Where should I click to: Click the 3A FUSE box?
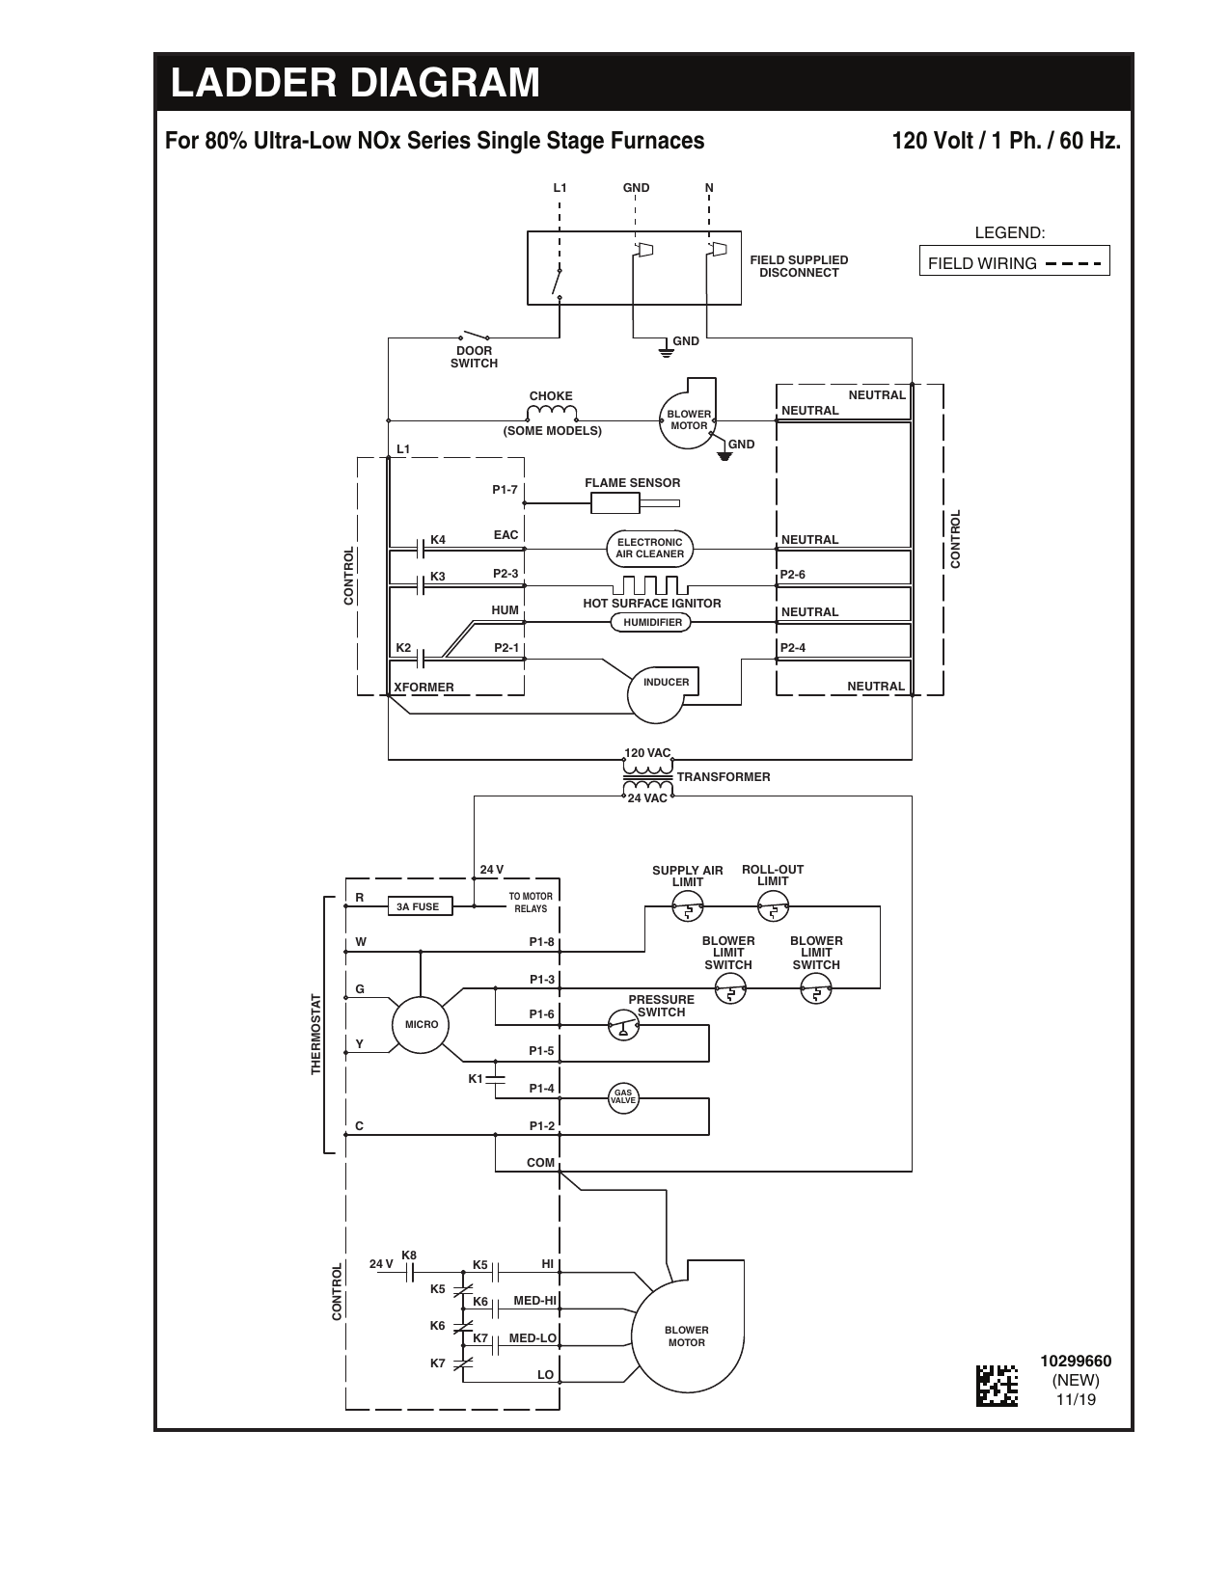[420, 906]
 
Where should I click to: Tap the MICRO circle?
[421, 1024]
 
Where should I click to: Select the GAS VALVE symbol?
[623, 1098]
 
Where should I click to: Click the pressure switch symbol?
[623, 1025]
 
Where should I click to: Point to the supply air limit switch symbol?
[688, 909]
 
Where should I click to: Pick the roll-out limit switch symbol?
[773, 908]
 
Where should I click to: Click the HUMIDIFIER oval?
[651, 622]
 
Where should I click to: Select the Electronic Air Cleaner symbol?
[649, 548]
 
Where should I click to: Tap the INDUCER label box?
[666, 682]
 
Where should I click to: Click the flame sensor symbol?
[635, 503]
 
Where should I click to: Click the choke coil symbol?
[551, 414]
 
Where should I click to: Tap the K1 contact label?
[476, 1078]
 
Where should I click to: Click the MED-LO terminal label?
[533, 1337]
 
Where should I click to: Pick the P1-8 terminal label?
[542, 942]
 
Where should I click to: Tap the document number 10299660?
[1076, 1361]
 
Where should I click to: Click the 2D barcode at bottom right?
[997, 1386]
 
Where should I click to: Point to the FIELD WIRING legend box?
[1015, 260]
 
